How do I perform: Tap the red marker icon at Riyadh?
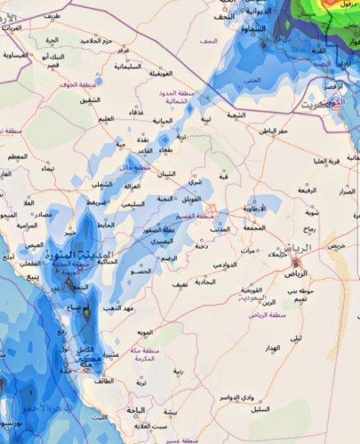click(x=296, y=262)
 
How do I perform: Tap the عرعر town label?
click(x=122, y=51)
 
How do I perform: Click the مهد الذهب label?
click(x=116, y=307)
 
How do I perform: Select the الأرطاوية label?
click(x=261, y=208)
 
